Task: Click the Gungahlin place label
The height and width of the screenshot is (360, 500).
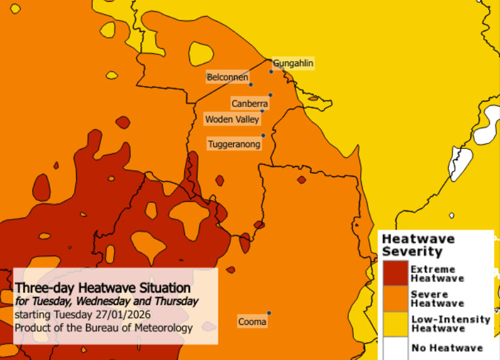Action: pos(293,63)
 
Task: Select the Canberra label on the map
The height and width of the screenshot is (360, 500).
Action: pos(249,103)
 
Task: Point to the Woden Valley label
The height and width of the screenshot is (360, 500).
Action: pos(232,119)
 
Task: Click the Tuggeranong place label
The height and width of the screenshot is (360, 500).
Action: pos(234,144)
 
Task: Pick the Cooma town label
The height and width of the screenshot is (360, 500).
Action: pos(252,322)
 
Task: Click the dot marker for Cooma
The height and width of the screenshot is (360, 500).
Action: pos(269,313)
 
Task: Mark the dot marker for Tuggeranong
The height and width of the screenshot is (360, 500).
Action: pos(263,135)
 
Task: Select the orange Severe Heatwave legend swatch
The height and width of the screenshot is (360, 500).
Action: pos(394,299)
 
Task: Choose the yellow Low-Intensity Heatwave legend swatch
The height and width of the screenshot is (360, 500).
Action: pos(394,324)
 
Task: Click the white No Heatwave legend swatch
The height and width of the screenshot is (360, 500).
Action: pos(394,348)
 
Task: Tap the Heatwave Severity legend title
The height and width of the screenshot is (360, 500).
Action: pos(418,245)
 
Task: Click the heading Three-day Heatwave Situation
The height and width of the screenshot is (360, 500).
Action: pos(103,288)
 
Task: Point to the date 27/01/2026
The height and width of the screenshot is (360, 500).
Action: pos(124,315)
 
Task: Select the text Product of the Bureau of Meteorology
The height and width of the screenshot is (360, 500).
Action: pos(103,328)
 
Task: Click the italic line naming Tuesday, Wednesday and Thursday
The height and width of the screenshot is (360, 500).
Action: pos(106,302)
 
